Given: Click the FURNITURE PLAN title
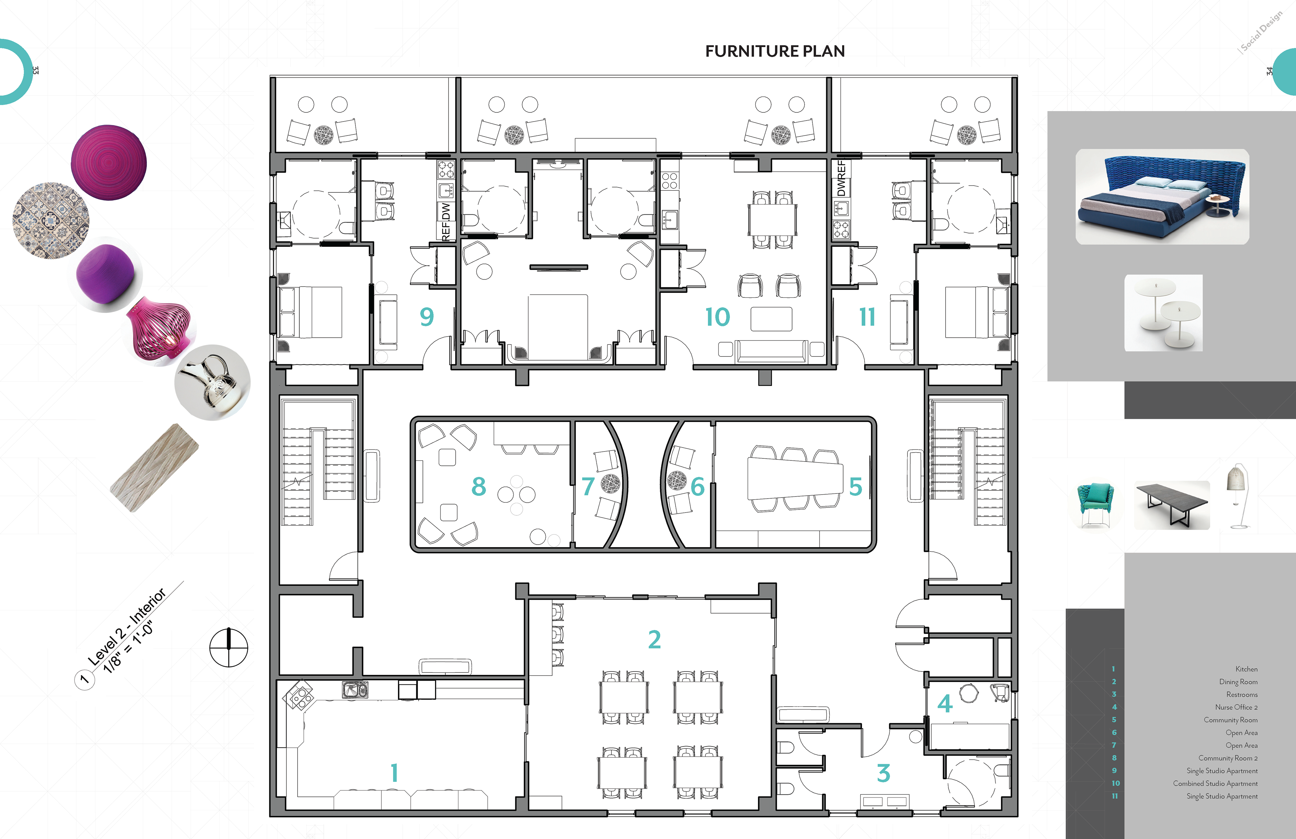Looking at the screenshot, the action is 775,51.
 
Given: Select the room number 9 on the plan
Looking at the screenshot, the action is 426,317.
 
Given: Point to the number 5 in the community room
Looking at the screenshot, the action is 856,487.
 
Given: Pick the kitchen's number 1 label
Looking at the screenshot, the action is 394,772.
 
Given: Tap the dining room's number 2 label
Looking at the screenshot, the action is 654,639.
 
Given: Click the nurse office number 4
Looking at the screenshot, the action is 945,703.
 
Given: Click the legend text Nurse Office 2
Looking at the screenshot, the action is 1236,707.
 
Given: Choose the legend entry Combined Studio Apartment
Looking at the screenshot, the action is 1215,783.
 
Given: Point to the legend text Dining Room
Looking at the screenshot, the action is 1238,682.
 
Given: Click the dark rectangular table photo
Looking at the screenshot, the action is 1172,504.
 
